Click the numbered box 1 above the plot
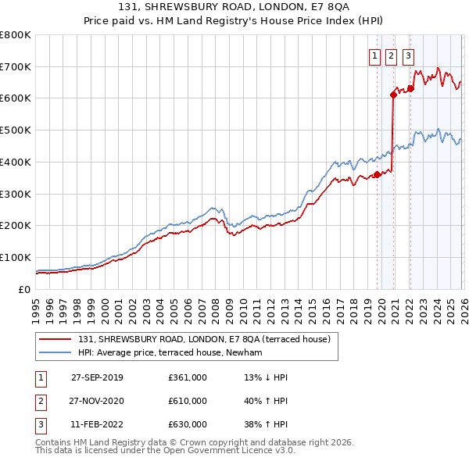click(x=374, y=55)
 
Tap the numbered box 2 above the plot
click(x=391, y=55)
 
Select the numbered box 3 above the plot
click(x=408, y=55)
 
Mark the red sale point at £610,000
click(x=393, y=95)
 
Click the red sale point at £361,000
click(x=377, y=174)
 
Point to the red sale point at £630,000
click(x=410, y=88)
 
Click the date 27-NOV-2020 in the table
click(x=97, y=401)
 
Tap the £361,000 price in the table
click(x=188, y=377)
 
